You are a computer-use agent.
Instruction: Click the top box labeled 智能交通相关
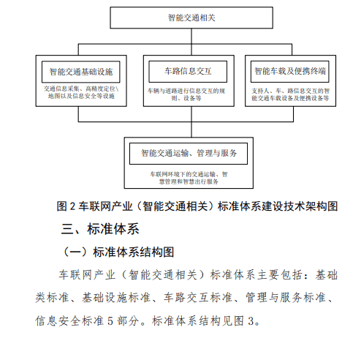pyautogui.click(x=191, y=18)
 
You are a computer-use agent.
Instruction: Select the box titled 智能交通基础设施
pyautogui.click(x=81, y=72)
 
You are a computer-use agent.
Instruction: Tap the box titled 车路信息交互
pyautogui.click(x=188, y=72)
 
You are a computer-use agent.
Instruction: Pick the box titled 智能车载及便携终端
pyautogui.click(x=290, y=72)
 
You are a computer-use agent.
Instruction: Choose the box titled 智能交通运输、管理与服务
pyautogui.click(x=189, y=154)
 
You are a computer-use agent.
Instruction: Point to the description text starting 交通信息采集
pyautogui.click(x=81, y=92)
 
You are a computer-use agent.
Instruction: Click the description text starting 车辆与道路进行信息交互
pyautogui.click(x=186, y=94)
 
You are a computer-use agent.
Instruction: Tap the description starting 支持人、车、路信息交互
pyautogui.click(x=290, y=94)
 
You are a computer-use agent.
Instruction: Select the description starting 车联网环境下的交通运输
pyautogui.click(x=189, y=178)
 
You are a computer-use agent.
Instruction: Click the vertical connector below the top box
pyautogui.click(x=191, y=42)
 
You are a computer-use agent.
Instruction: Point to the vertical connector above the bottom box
pyautogui.click(x=191, y=130)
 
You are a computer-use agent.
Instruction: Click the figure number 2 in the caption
pyautogui.click(x=72, y=206)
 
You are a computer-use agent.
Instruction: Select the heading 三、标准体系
pyautogui.click(x=100, y=229)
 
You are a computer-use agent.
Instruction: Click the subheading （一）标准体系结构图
pyautogui.click(x=118, y=252)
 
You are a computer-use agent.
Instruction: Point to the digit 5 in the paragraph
pyautogui.click(x=110, y=321)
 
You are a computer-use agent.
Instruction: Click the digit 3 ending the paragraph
pyautogui.click(x=251, y=321)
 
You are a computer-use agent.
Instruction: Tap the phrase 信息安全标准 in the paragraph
pyautogui.click(x=69, y=321)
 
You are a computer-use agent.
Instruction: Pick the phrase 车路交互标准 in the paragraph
pyautogui.click(x=198, y=298)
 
